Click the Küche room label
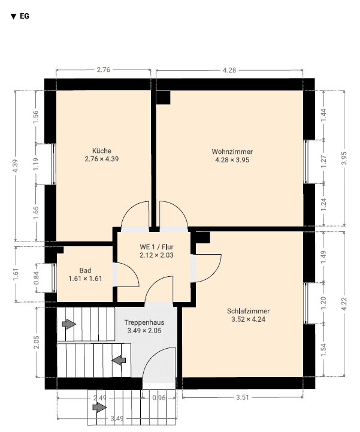tap(102, 151)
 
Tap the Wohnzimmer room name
tap(232, 152)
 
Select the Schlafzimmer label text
tap(248, 312)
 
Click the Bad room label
tap(85, 271)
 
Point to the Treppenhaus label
tap(144, 322)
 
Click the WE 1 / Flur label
tap(156, 247)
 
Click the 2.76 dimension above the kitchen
tap(103, 70)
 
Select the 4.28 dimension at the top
tap(229, 70)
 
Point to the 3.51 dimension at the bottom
tap(243, 397)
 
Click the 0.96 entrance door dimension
tap(159, 398)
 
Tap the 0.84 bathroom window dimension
tap(36, 278)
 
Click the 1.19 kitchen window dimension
tap(36, 164)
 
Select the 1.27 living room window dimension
tap(323, 162)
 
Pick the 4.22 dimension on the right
tap(344, 304)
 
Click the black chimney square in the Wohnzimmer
tap(163, 98)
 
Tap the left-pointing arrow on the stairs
tap(119, 360)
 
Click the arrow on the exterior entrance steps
tap(99, 407)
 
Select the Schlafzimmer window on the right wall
tap(305, 303)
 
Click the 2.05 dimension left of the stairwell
tap(37, 342)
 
